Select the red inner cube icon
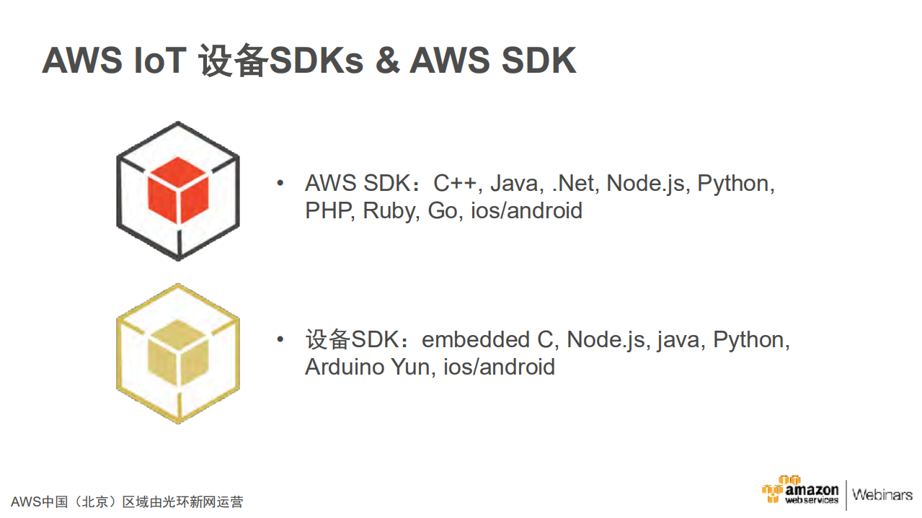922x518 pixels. pyautogui.click(x=177, y=192)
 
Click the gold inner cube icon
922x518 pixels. pyautogui.click(x=177, y=353)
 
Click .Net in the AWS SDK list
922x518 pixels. pyautogui.click(x=574, y=184)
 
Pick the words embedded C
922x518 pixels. pyautogui.click(x=487, y=339)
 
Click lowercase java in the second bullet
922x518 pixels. pyautogui.click(x=678, y=339)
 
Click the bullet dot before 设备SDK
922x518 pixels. pyautogui.click(x=280, y=339)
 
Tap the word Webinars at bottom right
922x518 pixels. pyautogui.click(x=882, y=495)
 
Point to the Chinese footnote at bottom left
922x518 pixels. pyautogui.click(x=127, y=501)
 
